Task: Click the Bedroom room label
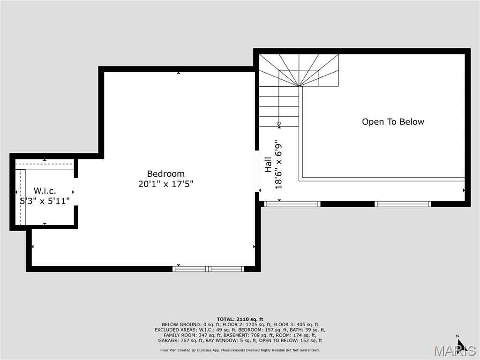(x=165, y=173)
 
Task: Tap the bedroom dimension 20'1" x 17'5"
(x=165, y=184)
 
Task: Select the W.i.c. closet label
(x=45, y=191)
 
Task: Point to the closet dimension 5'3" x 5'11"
(x=45, y=201)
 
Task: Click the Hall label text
(x=268, y=165)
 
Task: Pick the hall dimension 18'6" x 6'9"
(x=279, y=165)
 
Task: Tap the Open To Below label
(x=393, y=122)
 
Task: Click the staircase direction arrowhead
(x=279, y=125)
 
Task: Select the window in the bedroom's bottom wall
(x=208, y=269)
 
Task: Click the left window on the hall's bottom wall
(x=292, y=204)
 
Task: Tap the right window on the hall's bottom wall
(x=403, y=204)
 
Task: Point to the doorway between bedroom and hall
(x=257, y=171)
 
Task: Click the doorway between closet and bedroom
(x=76, y=192)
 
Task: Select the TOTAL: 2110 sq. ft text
(x=240, y=319)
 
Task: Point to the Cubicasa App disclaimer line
(x=240, y=350)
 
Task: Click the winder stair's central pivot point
(x=299, y=86)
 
